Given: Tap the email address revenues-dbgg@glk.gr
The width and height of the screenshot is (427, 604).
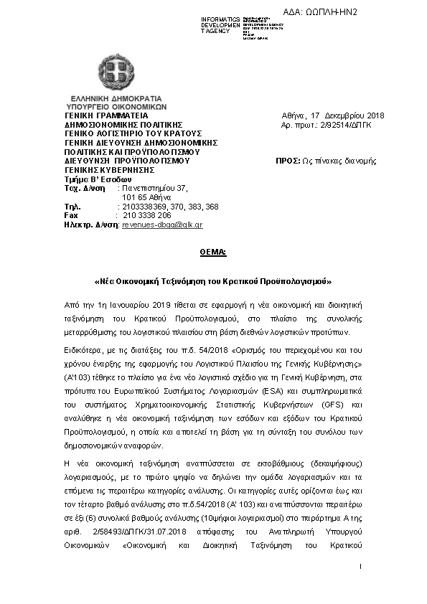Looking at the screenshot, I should coord(162,225).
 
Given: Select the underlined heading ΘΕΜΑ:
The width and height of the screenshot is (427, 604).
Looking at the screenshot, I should coord(212,253).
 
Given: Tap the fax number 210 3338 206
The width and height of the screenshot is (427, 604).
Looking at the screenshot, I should coord(147,214).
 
